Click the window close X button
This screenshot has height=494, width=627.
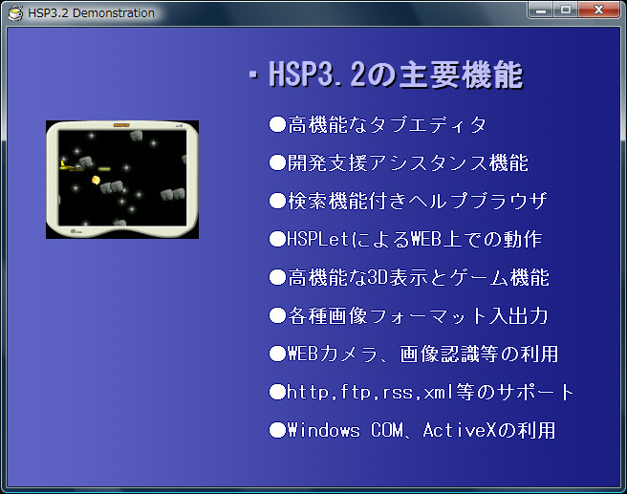598,10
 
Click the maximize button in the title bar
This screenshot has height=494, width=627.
566,10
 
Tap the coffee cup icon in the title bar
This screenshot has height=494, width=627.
15,13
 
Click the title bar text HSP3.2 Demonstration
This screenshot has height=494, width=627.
91,13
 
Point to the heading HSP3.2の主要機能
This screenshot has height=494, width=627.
396,75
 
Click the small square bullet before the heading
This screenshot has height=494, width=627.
252,74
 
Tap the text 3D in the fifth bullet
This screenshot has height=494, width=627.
378,277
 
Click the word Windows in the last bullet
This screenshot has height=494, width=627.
323,430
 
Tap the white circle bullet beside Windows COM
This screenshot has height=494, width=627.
277,430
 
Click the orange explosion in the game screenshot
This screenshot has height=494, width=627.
96,181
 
